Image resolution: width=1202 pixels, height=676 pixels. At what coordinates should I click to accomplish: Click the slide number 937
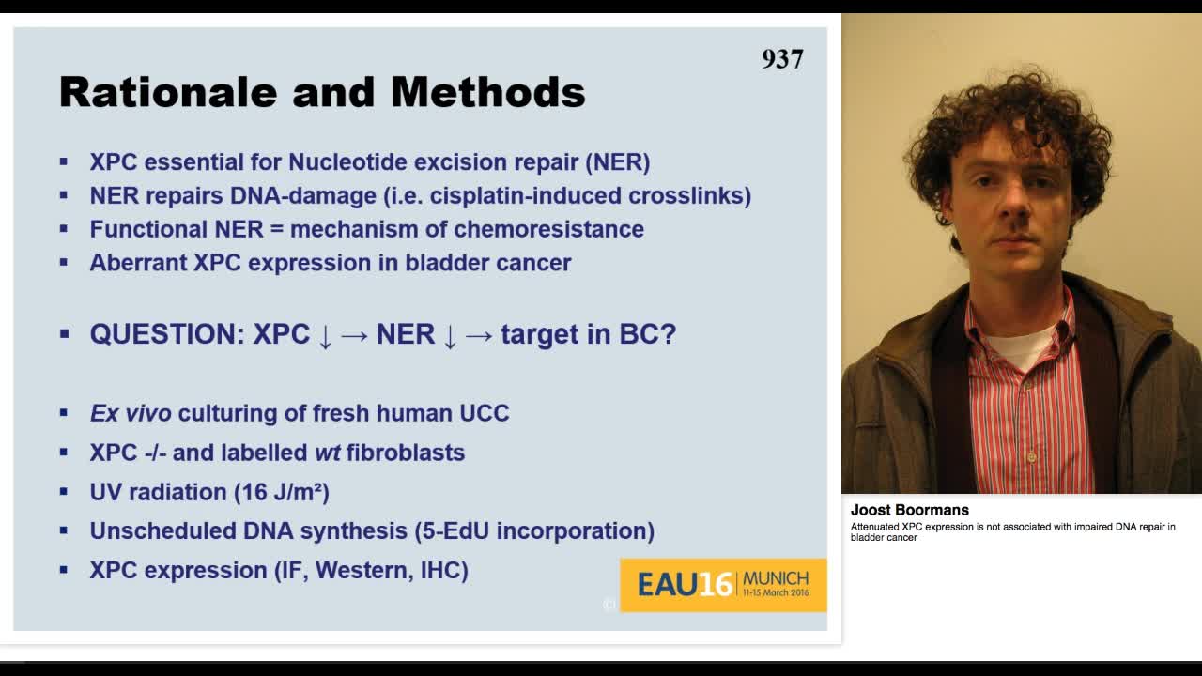click(782, 59)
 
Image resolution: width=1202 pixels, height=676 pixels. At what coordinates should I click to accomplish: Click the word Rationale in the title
click(167, 92)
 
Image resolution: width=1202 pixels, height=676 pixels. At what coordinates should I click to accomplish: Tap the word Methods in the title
click(487, 92)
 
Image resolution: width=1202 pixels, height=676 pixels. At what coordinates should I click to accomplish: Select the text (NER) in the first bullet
click(617, 161)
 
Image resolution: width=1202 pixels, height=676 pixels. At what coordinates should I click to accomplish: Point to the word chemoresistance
click(548, 229)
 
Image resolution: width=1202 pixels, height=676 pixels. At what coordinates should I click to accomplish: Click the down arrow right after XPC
click(325, 336)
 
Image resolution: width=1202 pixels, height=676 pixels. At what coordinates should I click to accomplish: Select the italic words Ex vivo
click(131, 413)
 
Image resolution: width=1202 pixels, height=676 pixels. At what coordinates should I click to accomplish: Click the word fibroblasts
click(405, 453)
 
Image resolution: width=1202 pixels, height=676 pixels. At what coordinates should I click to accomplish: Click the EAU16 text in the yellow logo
click(685, 585)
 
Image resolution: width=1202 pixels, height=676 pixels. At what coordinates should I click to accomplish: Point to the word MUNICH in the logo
click(775, 578)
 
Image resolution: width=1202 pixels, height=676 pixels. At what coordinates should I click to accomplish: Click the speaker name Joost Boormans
click(909, 510)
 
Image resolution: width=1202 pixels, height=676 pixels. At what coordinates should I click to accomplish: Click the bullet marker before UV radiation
click(64, 491)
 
